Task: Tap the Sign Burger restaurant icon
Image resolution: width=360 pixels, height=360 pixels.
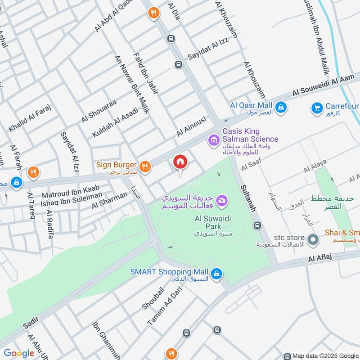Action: point(144,166)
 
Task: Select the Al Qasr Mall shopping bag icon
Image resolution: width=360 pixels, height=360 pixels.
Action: point(281,107)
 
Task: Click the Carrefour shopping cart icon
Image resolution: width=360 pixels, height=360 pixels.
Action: point(317,108)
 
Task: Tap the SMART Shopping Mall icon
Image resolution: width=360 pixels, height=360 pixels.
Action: point(216,273)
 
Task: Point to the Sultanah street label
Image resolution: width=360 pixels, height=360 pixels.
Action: point(248,198)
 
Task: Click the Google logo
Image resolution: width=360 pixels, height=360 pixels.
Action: point(19,353)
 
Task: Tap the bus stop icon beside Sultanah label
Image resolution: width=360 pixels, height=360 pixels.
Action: point(257,225)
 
